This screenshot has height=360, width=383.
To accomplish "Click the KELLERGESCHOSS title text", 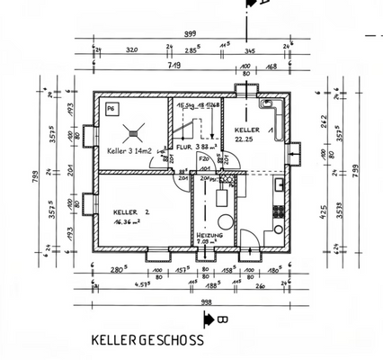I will click(147, 341).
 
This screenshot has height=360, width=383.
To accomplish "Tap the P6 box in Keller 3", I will click(111, 109).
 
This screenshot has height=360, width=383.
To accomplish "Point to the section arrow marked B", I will click(211, 319).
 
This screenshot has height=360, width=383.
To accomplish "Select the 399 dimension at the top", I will click(190, 34).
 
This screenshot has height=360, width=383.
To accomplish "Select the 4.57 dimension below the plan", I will click(118, 284).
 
